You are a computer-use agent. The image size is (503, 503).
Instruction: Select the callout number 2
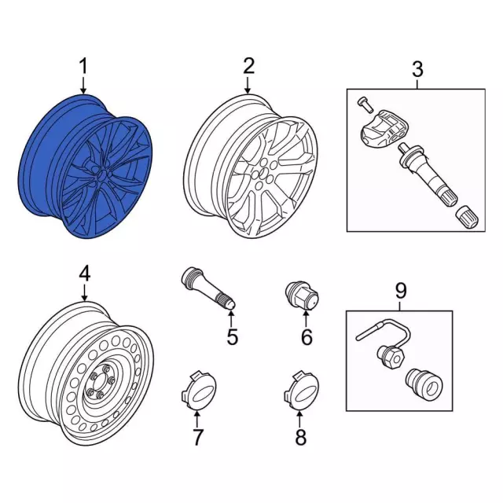click(x=248, y=67)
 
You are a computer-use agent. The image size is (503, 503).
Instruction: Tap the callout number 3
click(x=417, y=69)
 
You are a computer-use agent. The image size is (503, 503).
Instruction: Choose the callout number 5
click(x=232, y=339)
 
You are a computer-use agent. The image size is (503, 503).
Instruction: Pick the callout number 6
click(x=307, y=337)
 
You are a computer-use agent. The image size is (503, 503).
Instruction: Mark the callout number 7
click(x=197, y=436)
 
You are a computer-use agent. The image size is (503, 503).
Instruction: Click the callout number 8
click(x=299, y=437)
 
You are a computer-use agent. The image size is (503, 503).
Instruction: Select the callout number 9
click(x=400, y=291)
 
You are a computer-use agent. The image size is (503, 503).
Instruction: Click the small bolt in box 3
click(x=362, y=102)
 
